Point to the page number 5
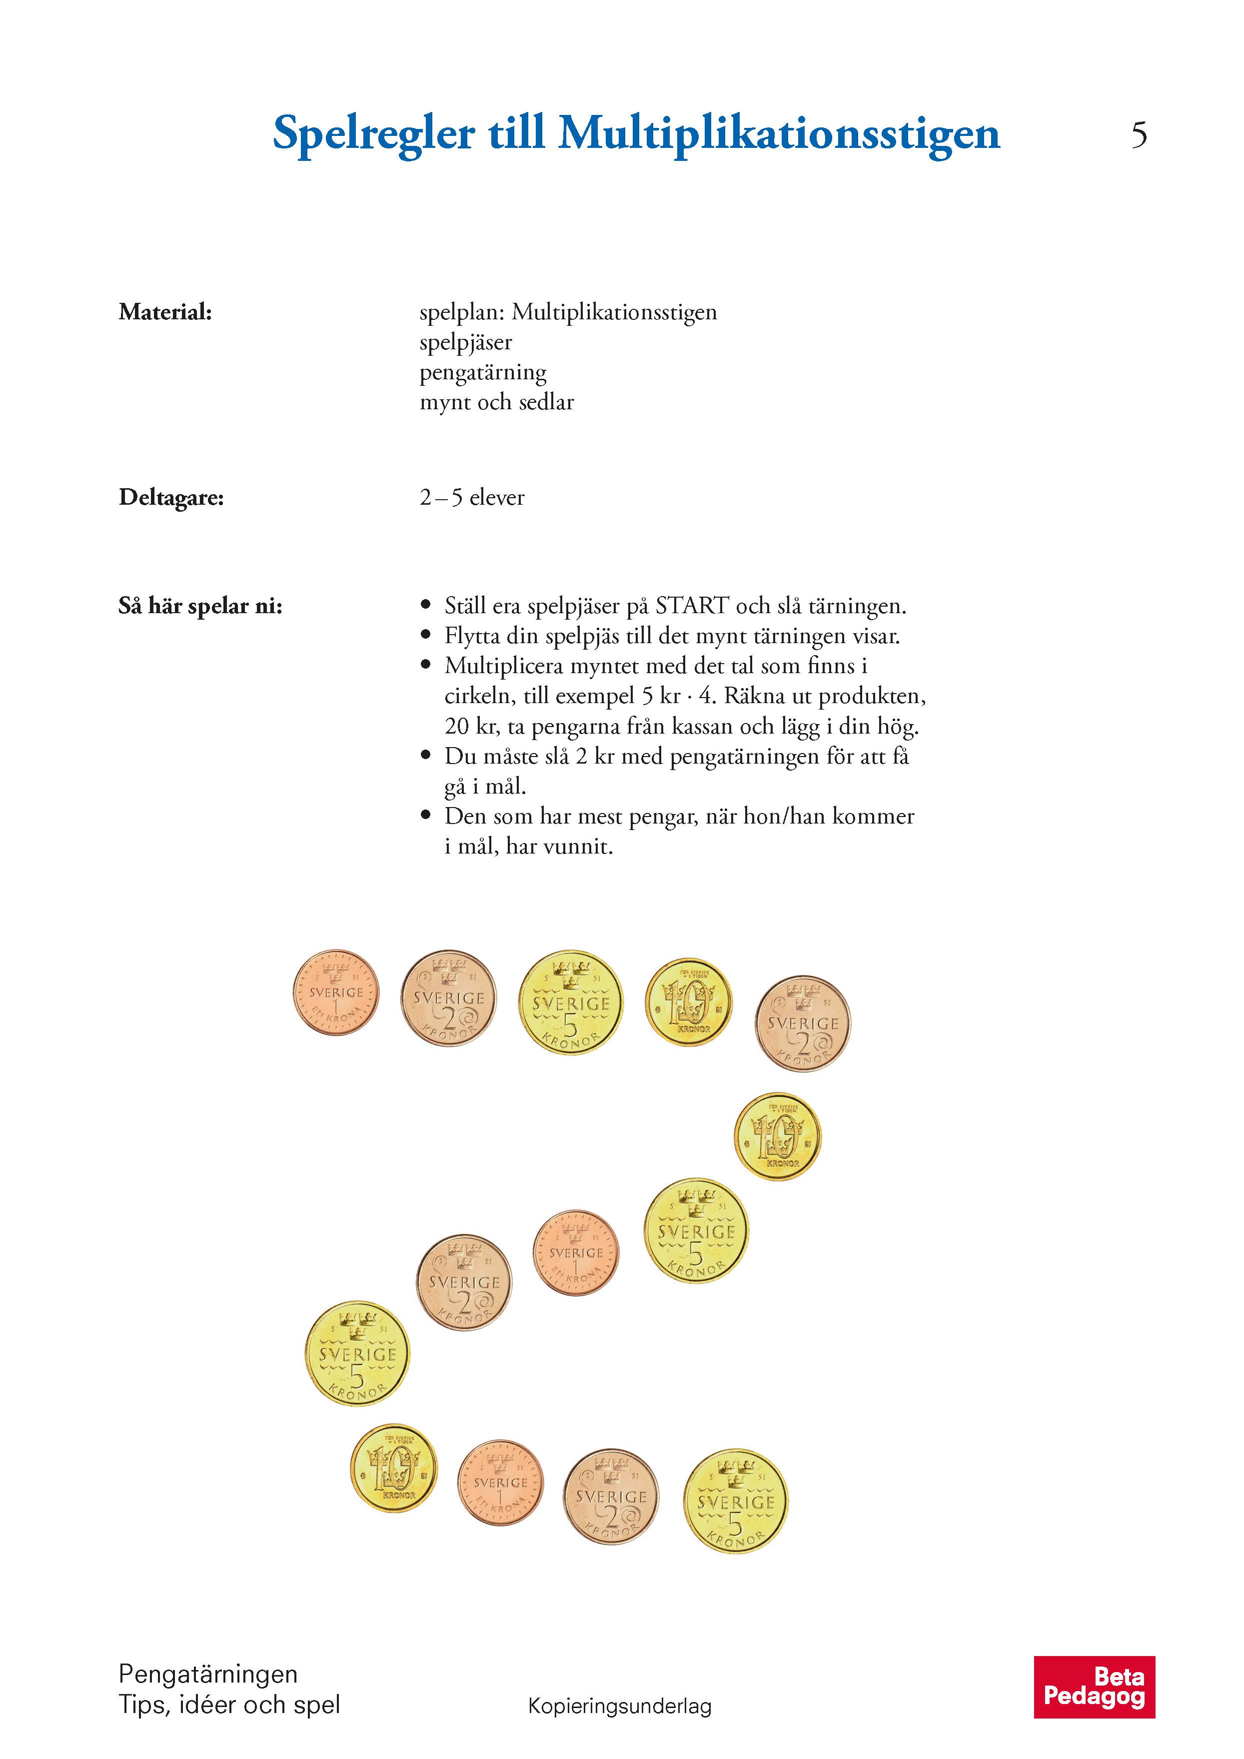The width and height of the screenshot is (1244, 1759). pos(1139,135)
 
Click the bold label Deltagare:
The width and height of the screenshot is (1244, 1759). pos(171,498)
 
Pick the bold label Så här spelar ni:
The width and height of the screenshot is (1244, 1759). pos(201,606)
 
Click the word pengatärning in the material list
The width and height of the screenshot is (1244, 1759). pos(483,373)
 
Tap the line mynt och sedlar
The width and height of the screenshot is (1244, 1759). pos(496,402)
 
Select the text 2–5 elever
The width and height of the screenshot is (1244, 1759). pos(472,498)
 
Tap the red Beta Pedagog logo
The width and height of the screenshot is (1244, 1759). pos(1094,1686)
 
